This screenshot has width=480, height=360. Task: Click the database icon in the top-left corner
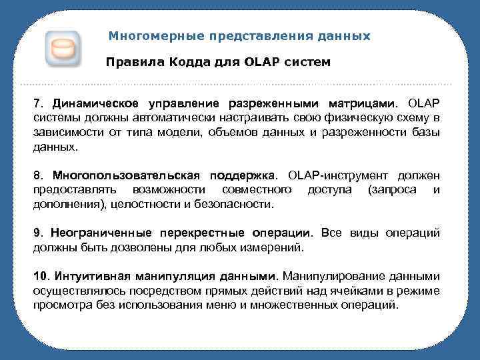point(63,49)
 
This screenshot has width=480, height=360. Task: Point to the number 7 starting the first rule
point(38,105)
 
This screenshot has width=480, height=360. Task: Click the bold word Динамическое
point(93,105)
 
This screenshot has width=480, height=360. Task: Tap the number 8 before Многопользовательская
point(38,175)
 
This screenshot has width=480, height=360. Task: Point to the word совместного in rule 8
point(259,190)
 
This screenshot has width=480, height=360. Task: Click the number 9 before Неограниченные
point(38,233)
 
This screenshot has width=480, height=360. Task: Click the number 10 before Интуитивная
point(41,276)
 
